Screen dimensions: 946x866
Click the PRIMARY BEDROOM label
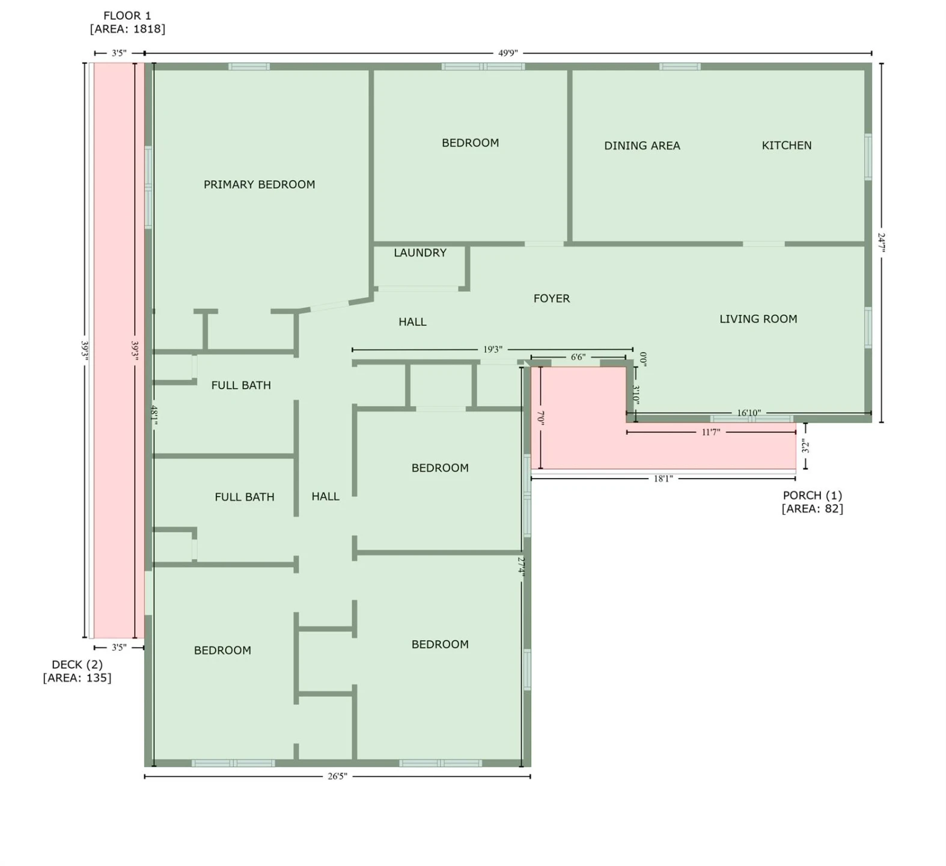coord(259,185)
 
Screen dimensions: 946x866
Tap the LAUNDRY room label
coord(420,253)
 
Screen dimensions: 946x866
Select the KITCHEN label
coord(787,146)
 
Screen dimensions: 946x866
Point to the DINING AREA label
coord(642,146)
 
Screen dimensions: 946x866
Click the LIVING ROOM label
coord(758,319)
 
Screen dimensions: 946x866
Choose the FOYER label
coord(552,298)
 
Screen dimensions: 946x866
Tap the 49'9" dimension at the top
coord(508,53)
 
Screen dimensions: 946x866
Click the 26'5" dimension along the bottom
coord(337,776)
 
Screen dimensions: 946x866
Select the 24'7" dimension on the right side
coord(881,243)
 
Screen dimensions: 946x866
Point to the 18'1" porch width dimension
coord(663,479)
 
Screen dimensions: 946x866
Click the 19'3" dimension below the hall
coord(493,349)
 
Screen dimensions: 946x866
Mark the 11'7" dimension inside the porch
coord(711,432)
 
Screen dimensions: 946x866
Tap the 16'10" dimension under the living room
coord(749,413)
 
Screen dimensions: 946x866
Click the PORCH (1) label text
coord(813,496)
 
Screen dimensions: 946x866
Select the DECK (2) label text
coord(77,665)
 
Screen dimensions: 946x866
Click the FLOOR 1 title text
coord(127,16)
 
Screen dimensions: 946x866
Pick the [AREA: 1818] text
coord(127,29)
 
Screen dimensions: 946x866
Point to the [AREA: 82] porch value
coord(813,509)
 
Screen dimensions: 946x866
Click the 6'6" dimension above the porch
coord(578,357)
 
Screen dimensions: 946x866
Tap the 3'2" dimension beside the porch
coord(805,446)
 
